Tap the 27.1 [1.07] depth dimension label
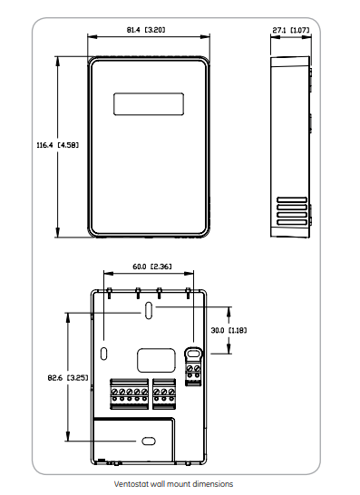click(x=290, y=30)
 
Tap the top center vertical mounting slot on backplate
click(x=147, y=311)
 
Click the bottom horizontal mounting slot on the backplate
click(x=147, y=441)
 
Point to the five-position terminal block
click(x=129, y=393)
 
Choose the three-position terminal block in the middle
click(x=164, y=393)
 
